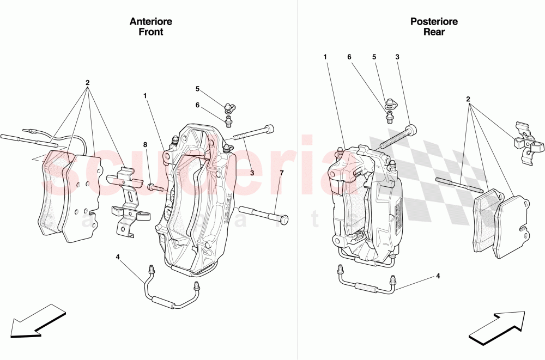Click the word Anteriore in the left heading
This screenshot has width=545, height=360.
click(151, 22)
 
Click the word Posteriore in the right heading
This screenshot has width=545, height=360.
click(434, 22)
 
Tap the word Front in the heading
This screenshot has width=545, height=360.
click(151, 32)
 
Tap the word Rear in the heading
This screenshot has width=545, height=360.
click(434, 32)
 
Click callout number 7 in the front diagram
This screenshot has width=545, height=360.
click(282, 173)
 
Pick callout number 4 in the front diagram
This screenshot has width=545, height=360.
click(118, 257)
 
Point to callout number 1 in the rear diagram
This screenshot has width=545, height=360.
click(325, 57)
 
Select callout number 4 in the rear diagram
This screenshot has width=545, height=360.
click(438, 276)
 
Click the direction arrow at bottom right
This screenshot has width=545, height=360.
click(496, 327)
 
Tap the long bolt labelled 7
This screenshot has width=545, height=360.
click(263, 214)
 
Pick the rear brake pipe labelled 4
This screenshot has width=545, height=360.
click(365, 285)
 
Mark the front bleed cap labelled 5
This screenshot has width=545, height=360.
click(228, 104)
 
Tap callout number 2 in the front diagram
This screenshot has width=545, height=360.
click(87, 83)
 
